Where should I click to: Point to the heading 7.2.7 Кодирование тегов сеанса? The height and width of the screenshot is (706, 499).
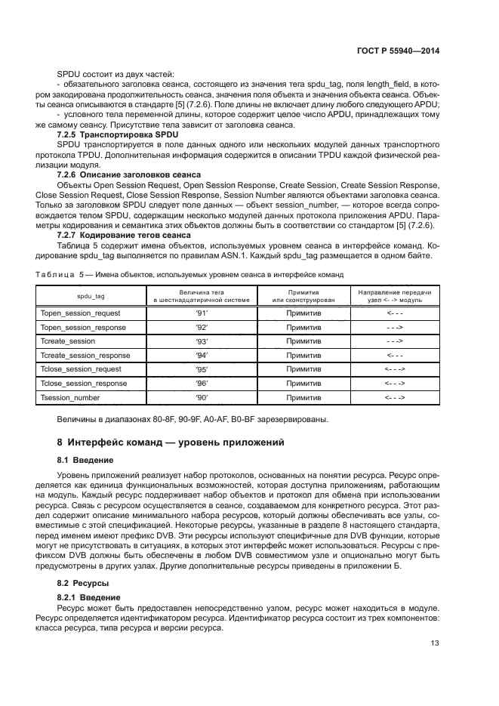pos(116,234)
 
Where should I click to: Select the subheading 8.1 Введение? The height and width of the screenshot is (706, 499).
pos(85,459)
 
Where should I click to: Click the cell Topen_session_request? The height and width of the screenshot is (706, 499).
pos(81,313)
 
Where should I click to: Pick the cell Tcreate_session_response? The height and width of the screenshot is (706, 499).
pos(85,355)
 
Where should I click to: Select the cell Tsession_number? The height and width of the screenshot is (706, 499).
pos(70,397)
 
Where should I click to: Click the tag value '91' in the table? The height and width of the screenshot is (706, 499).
pos(202,313)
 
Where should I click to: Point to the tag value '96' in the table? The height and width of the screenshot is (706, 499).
pos(202,384)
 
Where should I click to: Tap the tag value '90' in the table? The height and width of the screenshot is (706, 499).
pos(202,397)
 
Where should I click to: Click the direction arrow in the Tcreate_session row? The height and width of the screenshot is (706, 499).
pos(394,341)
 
